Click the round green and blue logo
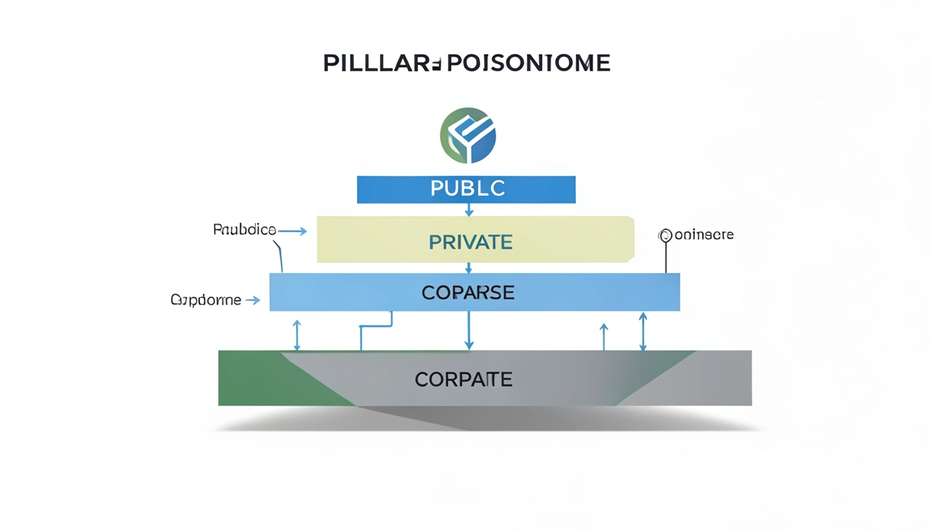pyautogui.click(x=468, y=135)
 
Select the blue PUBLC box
pyautogui.click(x=466, y=189)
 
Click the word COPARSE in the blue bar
pyautogui.click(x=468, y=292)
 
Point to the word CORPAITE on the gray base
pyautogui.click(x=464, y=379)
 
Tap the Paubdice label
pyautogui.click(x=244, y=230)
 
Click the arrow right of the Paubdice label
pyautogui.click(x=293, y=232)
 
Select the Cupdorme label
pyautogui.click(x=206, y=300)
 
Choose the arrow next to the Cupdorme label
pyautogui.click(x=253, y=300)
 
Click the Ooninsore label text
pyautogui.click(x=703, y=235)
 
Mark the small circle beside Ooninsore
pyautogui.click(x=666, y=236)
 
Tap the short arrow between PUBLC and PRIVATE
pyautogui.click(x=469, y=209)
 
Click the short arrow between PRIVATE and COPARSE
pyautogui.click(x=469, y=268)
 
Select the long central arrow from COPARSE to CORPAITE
pyautogui.click(x=469, y=330)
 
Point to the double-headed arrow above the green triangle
pyautogui.click(x=297, y=335)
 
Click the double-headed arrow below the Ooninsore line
pyautogui.click(x=643, y=331)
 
